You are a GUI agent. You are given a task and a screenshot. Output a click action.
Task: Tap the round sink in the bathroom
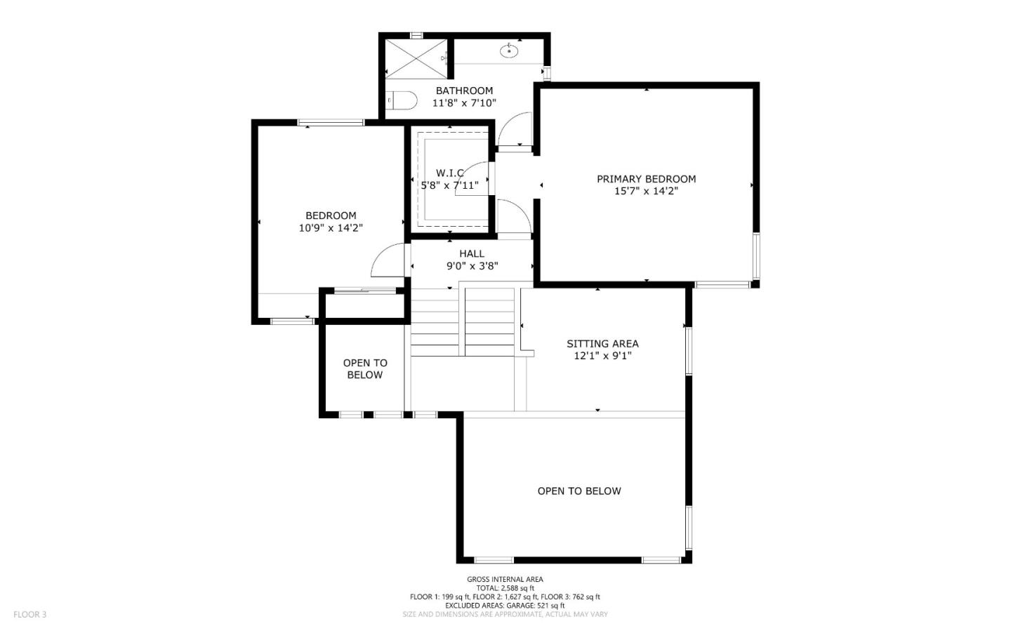(x=509, y=51)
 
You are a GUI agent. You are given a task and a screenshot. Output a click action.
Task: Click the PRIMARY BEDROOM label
(x=646, y=179)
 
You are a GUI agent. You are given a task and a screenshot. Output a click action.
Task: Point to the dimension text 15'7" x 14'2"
(x=646, y=191)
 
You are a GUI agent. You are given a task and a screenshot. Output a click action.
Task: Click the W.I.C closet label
(x=449, y=173)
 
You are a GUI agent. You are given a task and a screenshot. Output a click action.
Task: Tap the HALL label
(x=472, y=253)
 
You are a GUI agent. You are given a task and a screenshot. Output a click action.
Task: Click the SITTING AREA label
(x=602, y=343)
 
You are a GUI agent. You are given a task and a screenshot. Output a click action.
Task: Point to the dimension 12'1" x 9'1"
(x=602, y=356)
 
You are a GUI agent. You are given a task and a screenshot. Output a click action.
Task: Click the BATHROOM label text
(x=464, y=91)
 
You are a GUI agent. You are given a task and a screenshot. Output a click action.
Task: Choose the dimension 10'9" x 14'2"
(x=331, y=227)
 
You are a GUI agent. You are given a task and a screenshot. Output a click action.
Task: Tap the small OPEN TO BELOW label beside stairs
(x=365, y=368)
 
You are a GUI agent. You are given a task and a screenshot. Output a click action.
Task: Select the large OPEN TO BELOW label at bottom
(x=579, y=491)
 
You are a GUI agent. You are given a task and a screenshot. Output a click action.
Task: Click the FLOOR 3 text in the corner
(x=29, y=614)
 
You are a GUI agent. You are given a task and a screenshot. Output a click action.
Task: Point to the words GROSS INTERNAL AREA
(x=505, y=579)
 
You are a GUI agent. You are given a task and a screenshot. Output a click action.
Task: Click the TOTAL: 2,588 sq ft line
(x=505, y=588)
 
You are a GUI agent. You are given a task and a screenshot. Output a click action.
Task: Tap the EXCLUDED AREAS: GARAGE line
(x=505, y=605)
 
